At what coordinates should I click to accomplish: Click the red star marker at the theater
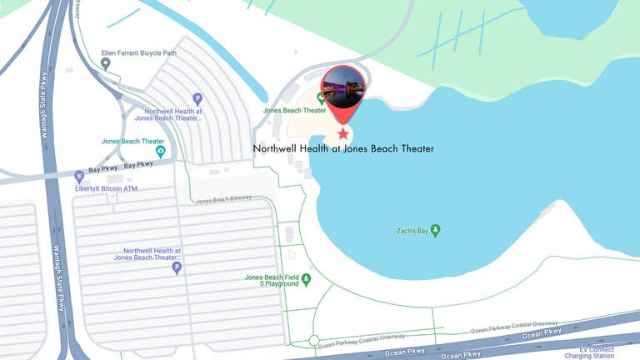coord(342,134)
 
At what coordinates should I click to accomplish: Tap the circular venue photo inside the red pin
coord(342,87)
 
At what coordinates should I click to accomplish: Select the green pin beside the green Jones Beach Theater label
coord(321,99)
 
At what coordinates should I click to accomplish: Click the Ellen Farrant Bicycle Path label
coord(139,53)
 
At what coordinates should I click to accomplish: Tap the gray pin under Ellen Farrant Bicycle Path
coord(106,64)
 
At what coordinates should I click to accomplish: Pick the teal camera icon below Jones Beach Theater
coord(161,152)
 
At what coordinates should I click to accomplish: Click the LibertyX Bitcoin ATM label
coord(107,189)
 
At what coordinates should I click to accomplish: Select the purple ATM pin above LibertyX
coord(79,177)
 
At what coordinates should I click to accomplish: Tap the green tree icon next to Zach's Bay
coord(435,230)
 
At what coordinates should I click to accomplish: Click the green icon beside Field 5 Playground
coord(306,280)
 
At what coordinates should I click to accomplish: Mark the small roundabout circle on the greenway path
coord(313,341)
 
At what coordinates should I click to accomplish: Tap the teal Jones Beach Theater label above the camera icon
coord(133,142)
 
